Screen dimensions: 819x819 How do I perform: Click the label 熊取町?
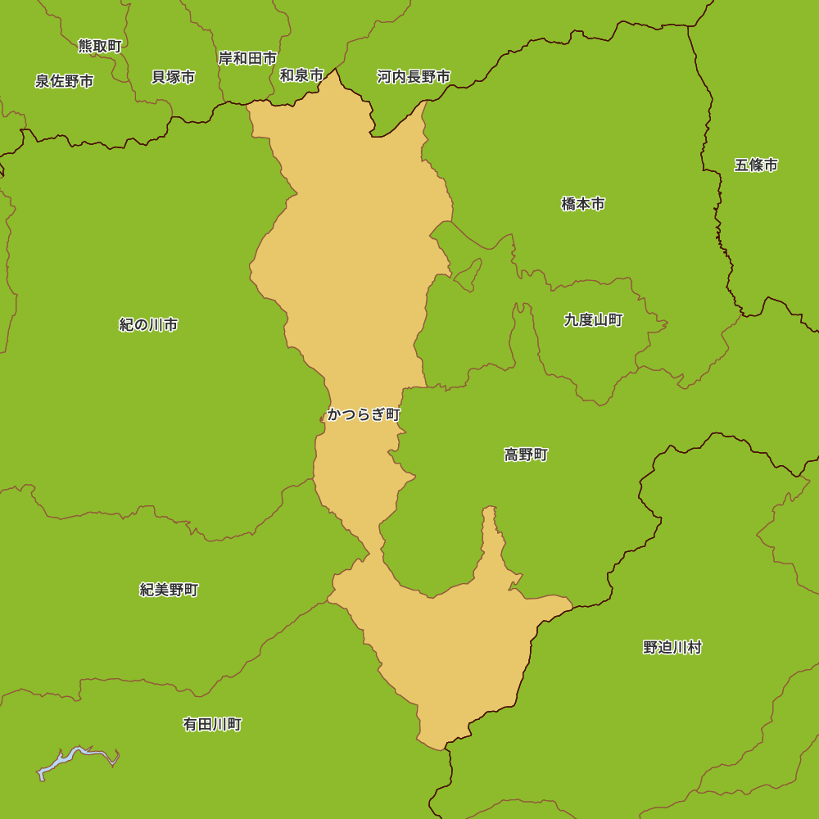(x=100, y=47)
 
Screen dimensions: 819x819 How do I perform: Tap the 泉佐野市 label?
(x=64, y=81)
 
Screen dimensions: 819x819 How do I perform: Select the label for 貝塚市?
(x=173, y=77)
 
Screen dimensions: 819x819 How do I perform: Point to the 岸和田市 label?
(x=247, y=58)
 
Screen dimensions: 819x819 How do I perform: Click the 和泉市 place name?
(x=301, y=75)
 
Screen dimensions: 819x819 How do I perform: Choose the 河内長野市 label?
(x=414, y=77)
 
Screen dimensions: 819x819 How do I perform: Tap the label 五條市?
(x=756, y=165)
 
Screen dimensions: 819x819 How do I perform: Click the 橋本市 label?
(x=583, y=204)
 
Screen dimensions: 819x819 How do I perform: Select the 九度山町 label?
(x=594, y=320)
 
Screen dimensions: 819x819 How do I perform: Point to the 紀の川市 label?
(x=148, y=325)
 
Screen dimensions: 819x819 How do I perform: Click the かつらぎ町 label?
(x=364, y=414)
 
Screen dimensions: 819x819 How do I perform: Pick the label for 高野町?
(x=526, y=455)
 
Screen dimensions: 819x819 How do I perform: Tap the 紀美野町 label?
(x=169, y=590)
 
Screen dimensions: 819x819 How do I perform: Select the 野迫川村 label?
(x=672, y=648)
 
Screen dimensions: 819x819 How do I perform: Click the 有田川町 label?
(x=212, y=725)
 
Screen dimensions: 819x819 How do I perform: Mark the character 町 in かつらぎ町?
(x=393, y=414)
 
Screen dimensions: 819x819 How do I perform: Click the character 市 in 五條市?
(x=771, y=165)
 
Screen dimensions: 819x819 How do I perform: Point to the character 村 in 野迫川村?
(x=695, y=648)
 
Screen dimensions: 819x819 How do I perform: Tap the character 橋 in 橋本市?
(x=568, y=204)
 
